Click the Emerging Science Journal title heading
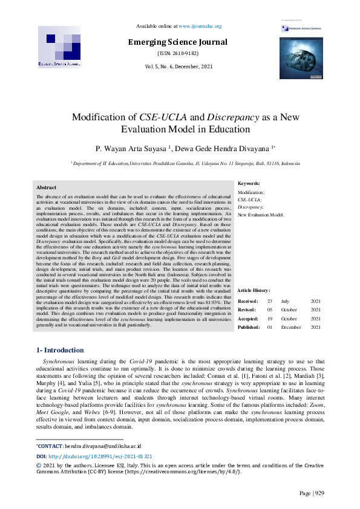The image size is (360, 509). click(x=177, y=42)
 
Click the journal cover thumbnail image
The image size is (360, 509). click(x=300, y=57)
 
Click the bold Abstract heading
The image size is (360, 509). click(x=47, y=188)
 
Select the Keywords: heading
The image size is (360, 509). click(x=249, y=183)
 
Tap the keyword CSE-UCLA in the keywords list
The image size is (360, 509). click(x=249, y=199)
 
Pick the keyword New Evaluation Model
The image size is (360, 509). click(x=261, y=215)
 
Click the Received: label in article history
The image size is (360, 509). click(x=248, y=301)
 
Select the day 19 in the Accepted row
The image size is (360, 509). click(x=270, y=318)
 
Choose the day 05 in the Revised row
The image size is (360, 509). click(x=270, y=310)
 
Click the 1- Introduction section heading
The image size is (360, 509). click(x=61, y=350)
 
